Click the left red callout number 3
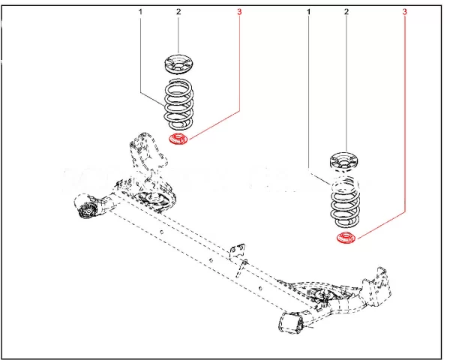point(239,12)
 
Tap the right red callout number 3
point(405,12)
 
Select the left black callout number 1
point(140,12)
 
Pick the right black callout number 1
point(309,12)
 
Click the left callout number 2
point(178,12)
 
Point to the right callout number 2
point(346,12)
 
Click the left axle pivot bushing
point(85,208)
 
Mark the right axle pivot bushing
point(292,322)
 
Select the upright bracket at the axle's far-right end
point(376,288)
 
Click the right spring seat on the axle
point(325,296)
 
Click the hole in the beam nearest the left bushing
point(162,232)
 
